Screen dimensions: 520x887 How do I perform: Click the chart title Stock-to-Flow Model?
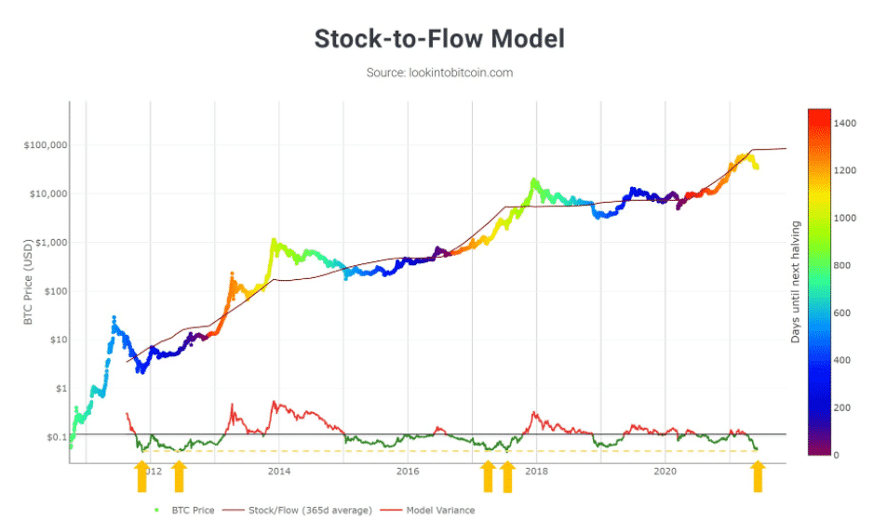point(439,39)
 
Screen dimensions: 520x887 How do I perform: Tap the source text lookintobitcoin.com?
point(439,73)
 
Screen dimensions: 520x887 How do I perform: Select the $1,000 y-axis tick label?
point(43,243)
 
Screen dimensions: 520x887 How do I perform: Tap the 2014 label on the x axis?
point(278,472)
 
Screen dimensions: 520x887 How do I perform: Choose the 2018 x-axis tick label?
point(536,472)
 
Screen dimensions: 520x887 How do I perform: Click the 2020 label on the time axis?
point(665,472)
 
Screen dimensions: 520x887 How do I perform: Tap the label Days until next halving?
point(796,282)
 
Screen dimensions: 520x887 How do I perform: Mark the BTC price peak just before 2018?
point(533,180)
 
